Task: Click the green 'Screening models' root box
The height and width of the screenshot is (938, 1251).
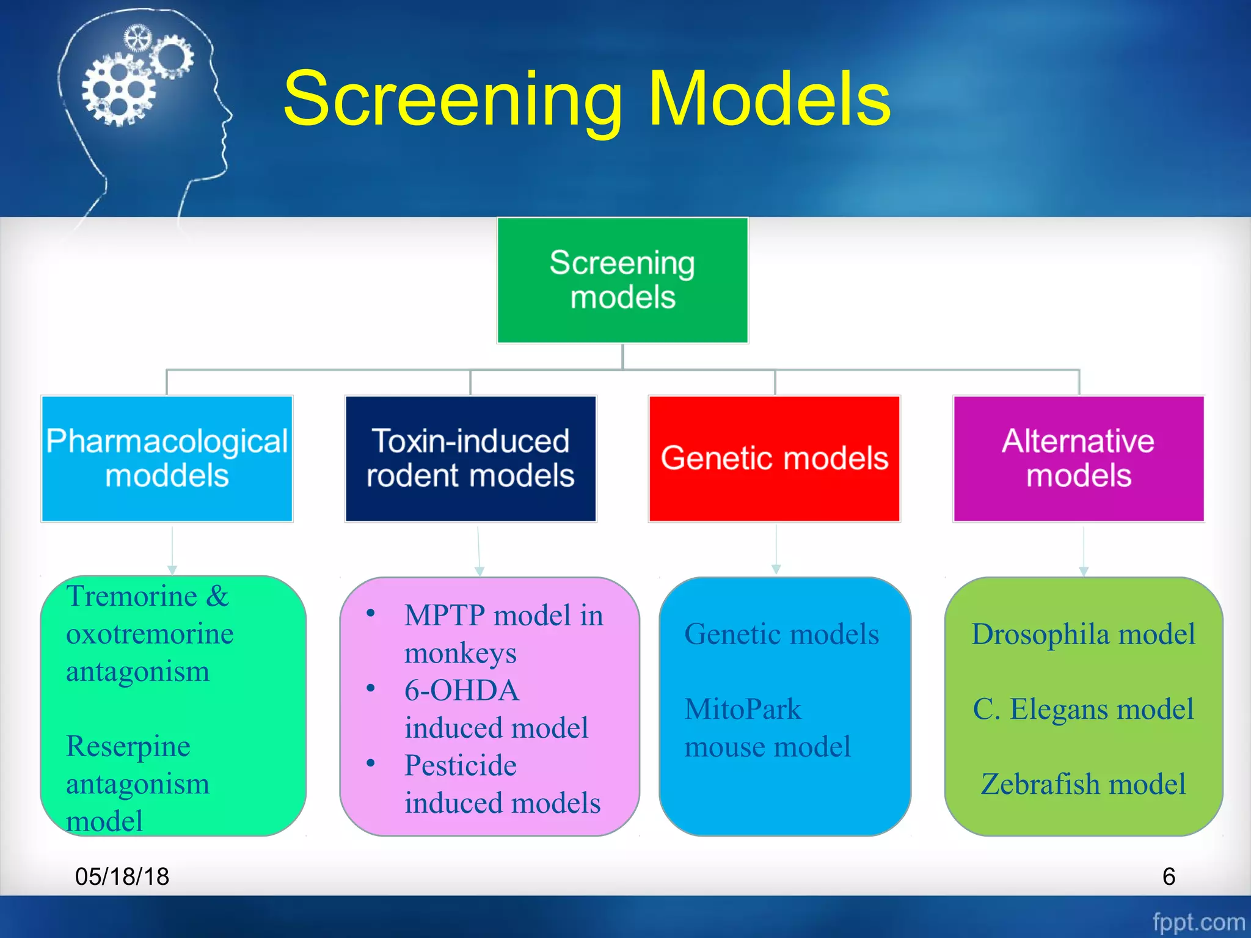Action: (622, 280)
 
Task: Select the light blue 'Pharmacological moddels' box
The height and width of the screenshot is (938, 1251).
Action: (167, 459)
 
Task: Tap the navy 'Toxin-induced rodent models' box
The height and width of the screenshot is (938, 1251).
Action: (470, 459)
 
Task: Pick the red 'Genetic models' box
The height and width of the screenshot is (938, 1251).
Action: (774, 459)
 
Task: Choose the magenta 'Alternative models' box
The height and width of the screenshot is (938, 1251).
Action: (1078, 459)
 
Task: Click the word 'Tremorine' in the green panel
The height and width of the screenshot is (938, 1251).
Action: (132, 597)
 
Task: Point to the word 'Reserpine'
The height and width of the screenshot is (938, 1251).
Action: (128, 746)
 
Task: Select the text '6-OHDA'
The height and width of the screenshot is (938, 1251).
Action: (462, 691)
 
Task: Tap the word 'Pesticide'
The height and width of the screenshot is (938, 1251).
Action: (461, 766)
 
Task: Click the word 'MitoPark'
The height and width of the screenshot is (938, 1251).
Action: (743, 710)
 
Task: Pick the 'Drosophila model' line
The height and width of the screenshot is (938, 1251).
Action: (1083, 634)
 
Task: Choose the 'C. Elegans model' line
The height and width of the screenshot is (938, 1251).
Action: (1083, 710)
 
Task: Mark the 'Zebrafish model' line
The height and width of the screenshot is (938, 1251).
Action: (1083, 785)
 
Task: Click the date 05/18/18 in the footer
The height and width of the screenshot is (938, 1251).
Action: (122, 877)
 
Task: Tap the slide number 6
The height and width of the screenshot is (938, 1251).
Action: (1169, 877)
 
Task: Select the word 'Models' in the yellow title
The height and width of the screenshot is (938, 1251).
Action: (769, 99)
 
